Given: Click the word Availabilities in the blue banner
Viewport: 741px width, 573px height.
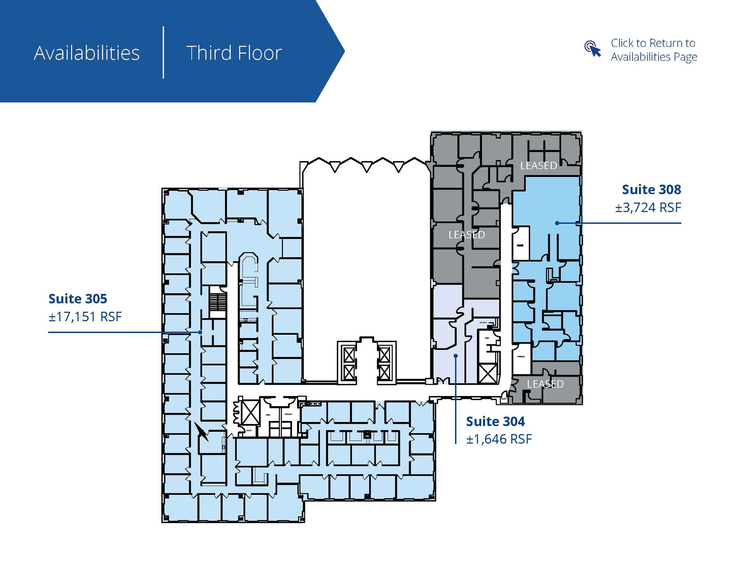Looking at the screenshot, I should pyautogui.click(x=86, y=53).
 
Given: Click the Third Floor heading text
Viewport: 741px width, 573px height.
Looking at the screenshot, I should pyautogui.click(x=234, y=53).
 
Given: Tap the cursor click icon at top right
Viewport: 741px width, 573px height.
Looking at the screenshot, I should pyautogui.click(x=592, y=49).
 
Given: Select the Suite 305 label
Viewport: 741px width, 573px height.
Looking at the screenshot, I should pyautogui.click(x=78, y=299).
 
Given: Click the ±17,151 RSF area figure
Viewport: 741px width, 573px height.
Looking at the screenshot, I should pyautogui.click(x=85, y=317).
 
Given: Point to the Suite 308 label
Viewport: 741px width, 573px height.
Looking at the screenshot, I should pyautogui.click(x=651, y=189).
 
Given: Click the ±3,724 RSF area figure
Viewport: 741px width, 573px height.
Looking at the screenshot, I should pyautogui.click(x=648, y=207).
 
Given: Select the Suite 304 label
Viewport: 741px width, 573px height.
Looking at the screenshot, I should pyautogui.click(x=495, y=421).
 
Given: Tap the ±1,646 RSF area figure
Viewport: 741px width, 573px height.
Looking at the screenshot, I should pyautogui.click(x=499, y=439).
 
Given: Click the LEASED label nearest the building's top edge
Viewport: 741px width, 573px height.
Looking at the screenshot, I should pyautogui.click(x=538, y=165).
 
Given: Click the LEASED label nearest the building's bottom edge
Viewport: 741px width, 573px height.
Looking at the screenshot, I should pyautogui.click(x=545, y=384).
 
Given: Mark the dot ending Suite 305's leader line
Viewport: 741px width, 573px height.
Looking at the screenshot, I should pyautogui.click(x=200, y=332).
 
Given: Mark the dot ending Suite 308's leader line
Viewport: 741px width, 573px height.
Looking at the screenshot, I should pyautogui.click(x=557, y=223).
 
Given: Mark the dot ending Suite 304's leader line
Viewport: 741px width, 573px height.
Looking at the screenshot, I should pyautogui.click(x=456, y=356).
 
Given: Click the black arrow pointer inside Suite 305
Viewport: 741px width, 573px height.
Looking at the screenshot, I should pyautogui.click(x=201, y=431).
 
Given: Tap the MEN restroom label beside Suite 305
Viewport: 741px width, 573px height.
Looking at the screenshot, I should pyautogui.click(x=268, y=415).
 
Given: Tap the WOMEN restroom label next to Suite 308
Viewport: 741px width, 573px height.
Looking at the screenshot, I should pyautogui.click(x=521, y=357).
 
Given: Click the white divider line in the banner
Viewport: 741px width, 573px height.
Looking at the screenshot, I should pyautogui.click(x=164, y=52).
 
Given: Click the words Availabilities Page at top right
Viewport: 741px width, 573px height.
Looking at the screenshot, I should pyautogui.click(x=654, y=57).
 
